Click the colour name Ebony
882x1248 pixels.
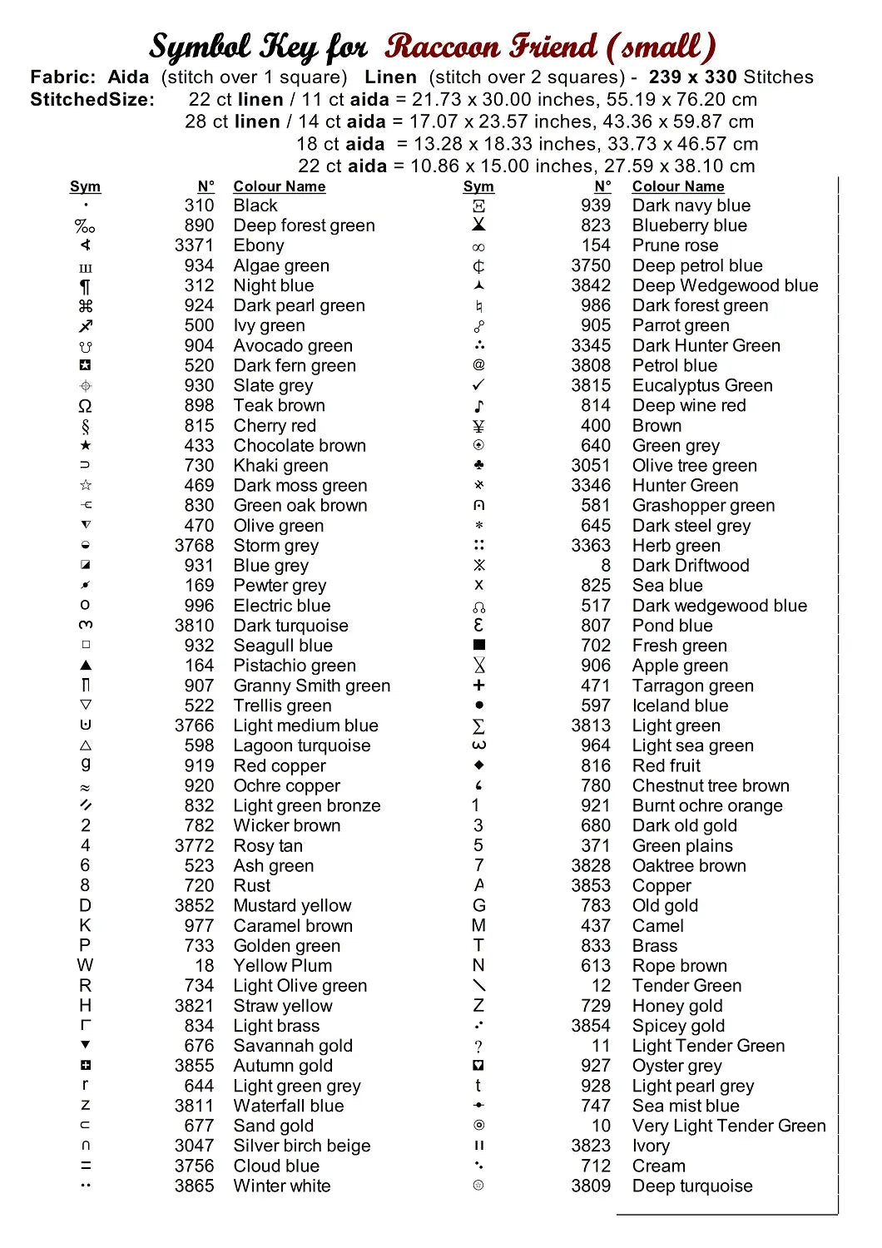(259, 245)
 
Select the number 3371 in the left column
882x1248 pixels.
(194, 245)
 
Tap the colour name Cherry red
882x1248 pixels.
(275, 426)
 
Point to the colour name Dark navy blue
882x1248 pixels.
(691, 206)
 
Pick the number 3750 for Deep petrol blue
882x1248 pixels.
(591, 265)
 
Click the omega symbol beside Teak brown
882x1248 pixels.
(85, 406)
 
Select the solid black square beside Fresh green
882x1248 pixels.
(478, 645)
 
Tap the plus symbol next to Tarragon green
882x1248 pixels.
(478, 686)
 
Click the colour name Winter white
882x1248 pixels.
(281, 1186)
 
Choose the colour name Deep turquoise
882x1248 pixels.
(691, 1186)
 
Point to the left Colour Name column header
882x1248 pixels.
(279, 186)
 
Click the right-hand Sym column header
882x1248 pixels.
(478, 186)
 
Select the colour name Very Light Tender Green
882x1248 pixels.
(729, 1126)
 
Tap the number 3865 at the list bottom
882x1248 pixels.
(194, 1186)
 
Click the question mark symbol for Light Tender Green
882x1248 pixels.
(478, 1047)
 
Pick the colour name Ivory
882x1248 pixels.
(651, 1146)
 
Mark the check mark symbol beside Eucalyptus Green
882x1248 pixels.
(478, 385)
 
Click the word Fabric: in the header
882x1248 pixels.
(63, 77)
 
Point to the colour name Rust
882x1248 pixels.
(251, 885)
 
